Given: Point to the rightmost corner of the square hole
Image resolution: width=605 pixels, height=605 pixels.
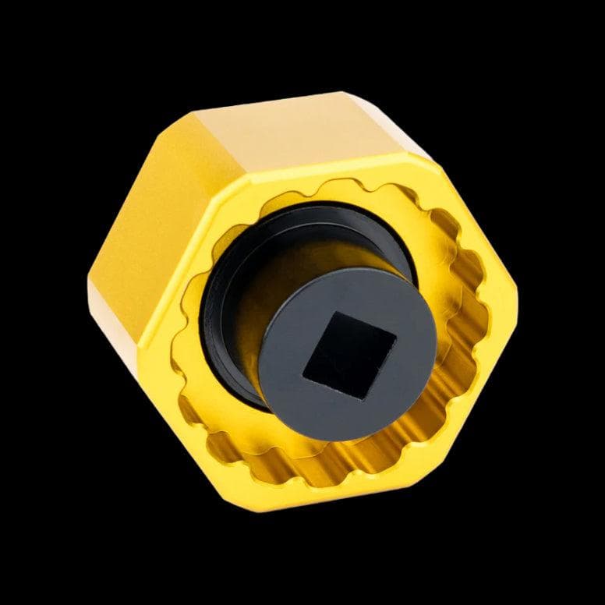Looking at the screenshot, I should click(395, 337).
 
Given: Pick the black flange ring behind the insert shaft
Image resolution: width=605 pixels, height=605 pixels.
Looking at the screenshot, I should click(226, 257).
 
